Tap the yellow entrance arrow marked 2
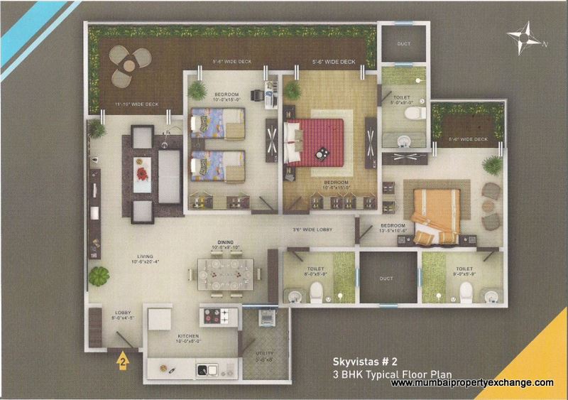click(122, 360)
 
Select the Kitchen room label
click(169, 337)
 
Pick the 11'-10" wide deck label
click(131, 107)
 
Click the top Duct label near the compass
click(404, 43)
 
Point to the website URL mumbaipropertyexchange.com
click(472, 383)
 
